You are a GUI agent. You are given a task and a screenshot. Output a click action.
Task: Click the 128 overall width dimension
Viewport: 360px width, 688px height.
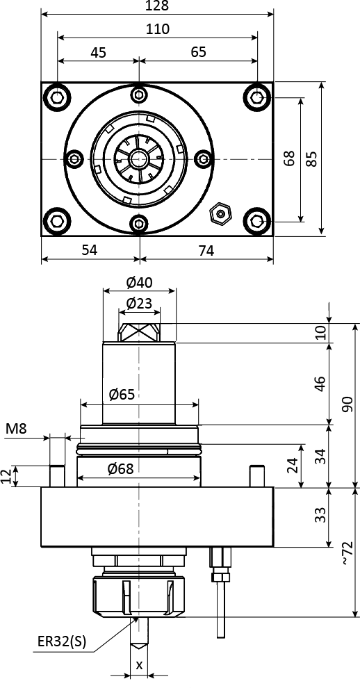tap(158, 6)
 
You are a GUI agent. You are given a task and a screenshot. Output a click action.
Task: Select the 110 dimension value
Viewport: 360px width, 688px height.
tap(158, 29)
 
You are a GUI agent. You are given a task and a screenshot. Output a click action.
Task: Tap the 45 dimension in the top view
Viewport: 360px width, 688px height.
tap(99, 53)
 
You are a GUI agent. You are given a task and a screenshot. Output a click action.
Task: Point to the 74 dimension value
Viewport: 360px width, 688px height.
tap(206, 251)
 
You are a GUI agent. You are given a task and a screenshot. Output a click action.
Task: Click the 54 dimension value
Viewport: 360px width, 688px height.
tap(90, 250)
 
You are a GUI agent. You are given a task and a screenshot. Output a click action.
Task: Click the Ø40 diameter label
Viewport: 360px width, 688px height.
tap(139, 283)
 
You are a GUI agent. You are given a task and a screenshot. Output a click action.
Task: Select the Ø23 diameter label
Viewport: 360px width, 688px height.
tap(139, 303)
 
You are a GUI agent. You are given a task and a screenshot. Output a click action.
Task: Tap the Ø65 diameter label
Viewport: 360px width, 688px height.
tap(122, 395)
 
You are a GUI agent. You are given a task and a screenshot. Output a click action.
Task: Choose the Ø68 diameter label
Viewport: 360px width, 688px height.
tap(120, 470)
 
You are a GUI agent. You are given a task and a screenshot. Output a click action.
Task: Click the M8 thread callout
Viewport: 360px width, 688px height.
tap(16, 429)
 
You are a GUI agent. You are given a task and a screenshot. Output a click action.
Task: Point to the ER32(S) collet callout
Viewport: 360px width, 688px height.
tap(62, 641)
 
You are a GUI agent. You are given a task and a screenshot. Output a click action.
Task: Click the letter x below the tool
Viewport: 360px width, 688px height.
tap(139, 665)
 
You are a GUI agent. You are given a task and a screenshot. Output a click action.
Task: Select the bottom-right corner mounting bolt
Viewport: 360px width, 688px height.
tap(257, 221)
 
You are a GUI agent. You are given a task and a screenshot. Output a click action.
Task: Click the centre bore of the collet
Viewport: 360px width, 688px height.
tap(139, 158)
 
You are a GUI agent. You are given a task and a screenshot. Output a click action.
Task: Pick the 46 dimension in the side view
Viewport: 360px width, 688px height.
tap(320, 384)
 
